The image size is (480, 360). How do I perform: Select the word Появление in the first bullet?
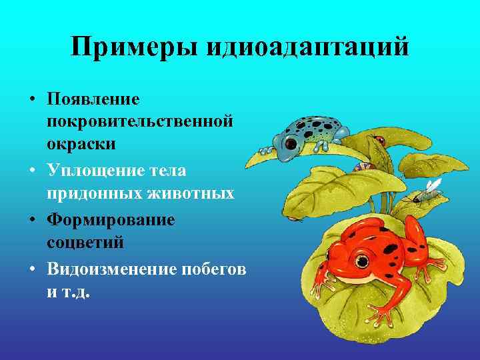[x=93, y=99]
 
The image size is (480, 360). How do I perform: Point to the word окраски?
[x=81, y=143]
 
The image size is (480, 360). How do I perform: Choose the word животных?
[x=195, y=193]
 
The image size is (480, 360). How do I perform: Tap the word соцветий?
[x=85, y=242]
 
